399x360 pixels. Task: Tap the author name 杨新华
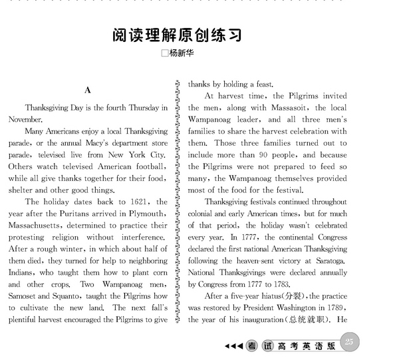182,55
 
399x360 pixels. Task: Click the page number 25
352,342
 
